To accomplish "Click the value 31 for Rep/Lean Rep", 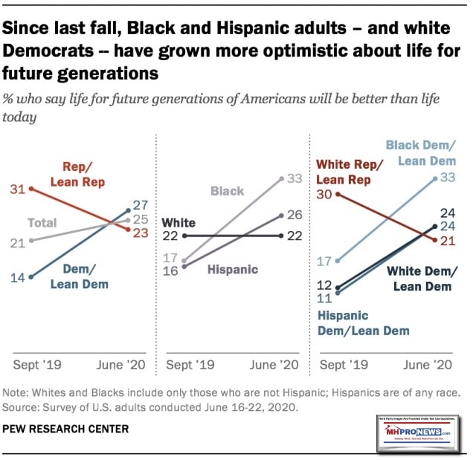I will [18, 189].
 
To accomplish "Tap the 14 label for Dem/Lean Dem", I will [18, 277].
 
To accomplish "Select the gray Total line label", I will [42, 223].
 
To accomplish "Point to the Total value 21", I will [18, 242].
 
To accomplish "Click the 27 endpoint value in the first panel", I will [141, 204].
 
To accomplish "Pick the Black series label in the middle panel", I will [227, 191].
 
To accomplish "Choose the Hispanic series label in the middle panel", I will [233, 269].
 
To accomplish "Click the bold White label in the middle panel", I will [178, 221].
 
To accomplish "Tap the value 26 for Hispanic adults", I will [295, 215].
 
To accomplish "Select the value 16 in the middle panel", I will [170, 271].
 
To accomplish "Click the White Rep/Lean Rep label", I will [350, 172].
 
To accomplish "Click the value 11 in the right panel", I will [324, 298].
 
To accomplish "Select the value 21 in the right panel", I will [448, 240].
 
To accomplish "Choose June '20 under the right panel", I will [426, 365].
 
